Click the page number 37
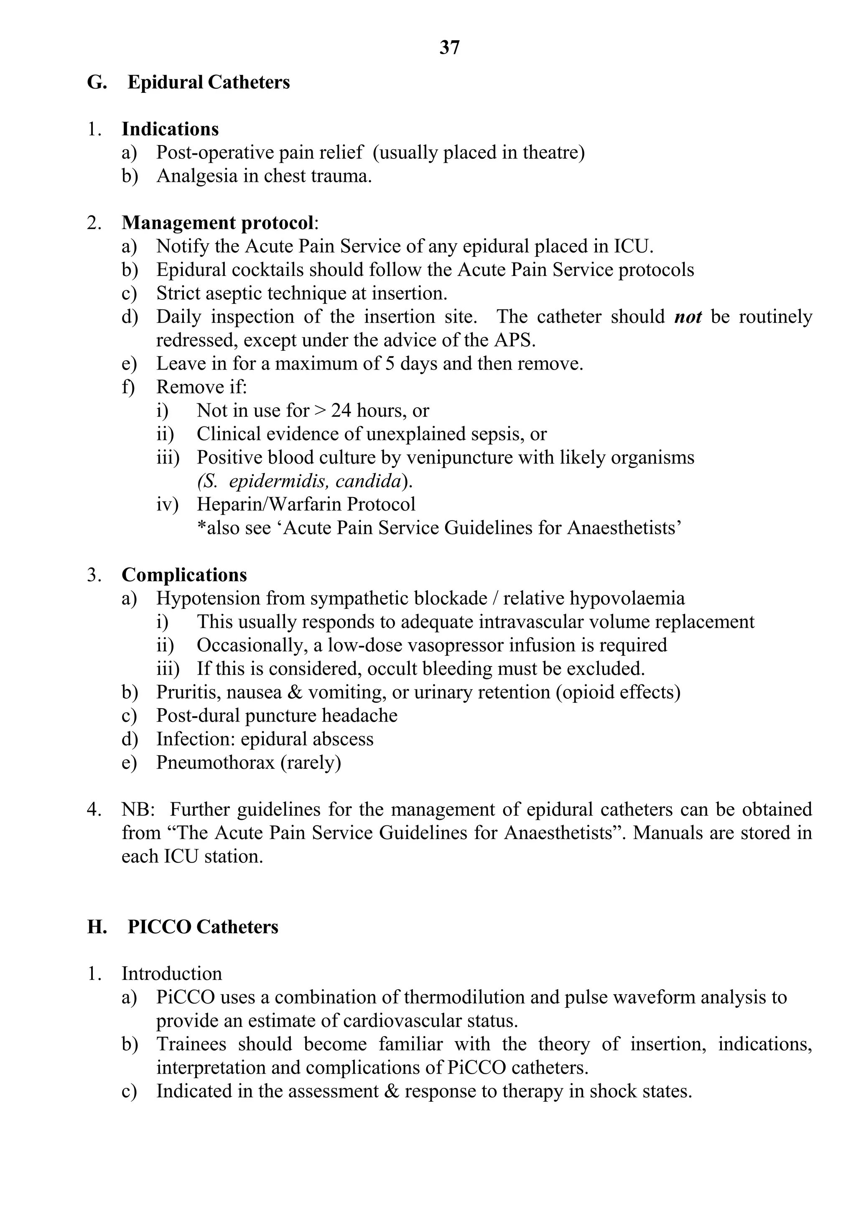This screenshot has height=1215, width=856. point(449,48)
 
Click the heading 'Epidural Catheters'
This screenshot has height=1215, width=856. point(209,82)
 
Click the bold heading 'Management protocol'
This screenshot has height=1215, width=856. point(217,223)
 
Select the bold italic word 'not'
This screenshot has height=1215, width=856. point(688,317)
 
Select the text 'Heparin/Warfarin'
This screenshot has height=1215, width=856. point(269,504)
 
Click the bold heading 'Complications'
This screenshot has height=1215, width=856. point(184,575)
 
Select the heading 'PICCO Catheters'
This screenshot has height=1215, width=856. point(203,927)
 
